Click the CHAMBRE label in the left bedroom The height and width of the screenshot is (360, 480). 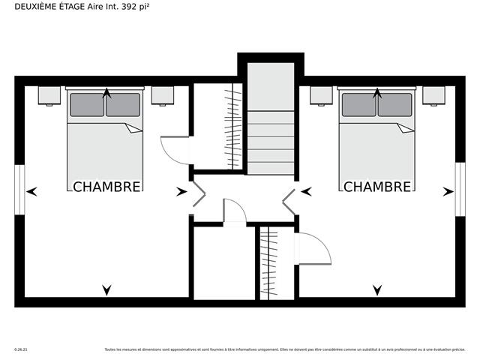click(106, 187)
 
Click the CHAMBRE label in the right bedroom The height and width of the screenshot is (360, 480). click(377, 187)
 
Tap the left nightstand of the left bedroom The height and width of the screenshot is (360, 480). click(49, 95)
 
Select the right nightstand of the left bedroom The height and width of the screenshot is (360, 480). click(163, 95)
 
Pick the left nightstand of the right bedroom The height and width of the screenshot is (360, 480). click(321, 95)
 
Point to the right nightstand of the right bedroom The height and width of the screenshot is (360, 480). click(433, 95)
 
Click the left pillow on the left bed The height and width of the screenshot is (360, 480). click(87, 105)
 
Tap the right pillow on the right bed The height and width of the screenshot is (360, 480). click(394, 105)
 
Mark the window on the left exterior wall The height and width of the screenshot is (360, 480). click(19, 191)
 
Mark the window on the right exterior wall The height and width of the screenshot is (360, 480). click(460, 191)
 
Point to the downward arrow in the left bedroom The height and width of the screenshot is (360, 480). click(106, 289)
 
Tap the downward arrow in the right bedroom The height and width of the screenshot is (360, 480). click(377, 289)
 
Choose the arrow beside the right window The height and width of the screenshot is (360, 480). click(448, 192)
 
